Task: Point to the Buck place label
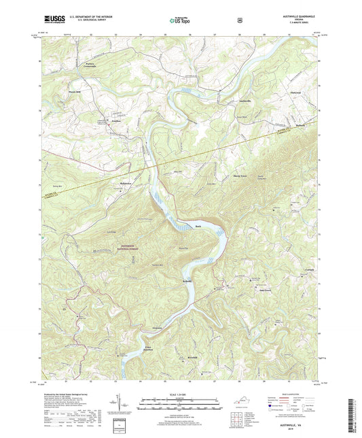coord(199,226)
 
